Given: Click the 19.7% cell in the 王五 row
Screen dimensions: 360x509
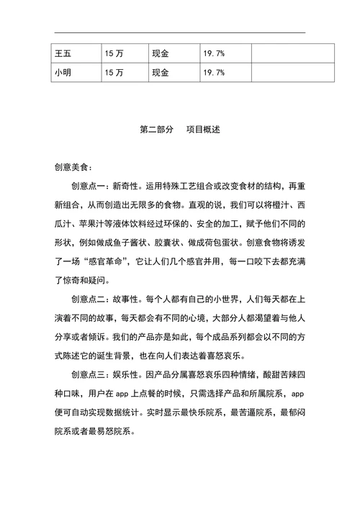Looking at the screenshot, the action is [x=214, y=53].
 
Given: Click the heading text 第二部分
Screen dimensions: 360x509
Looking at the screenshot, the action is [x=157, y=130].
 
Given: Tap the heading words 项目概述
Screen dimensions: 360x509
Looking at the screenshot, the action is [x=203, y=130].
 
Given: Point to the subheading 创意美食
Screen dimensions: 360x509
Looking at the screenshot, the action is [x=71, y=167].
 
